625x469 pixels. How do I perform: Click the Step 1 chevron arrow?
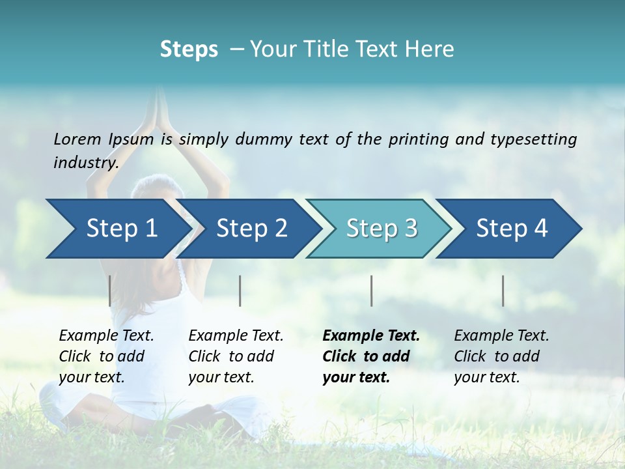pos(120,229)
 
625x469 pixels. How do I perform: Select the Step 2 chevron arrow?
pos(251,229)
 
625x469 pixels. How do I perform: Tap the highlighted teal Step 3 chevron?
pos(381,229)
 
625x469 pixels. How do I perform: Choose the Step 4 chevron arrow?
pos(511,229)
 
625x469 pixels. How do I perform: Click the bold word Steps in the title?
pos(189,50)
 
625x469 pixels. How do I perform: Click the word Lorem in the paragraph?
pos(77,139)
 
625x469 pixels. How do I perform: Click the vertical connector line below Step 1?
pos(110,291)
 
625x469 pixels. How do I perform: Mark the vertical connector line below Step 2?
pos(240,291)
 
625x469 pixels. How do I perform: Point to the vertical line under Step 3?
pos(371,291)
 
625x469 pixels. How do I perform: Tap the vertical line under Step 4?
pos(503,291)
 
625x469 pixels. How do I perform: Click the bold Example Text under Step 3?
pos(371,336)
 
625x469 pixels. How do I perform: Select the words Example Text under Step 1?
pos(106,336)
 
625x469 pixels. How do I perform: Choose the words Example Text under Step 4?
pos(501,336)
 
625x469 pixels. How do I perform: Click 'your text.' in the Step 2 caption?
pos(221,377)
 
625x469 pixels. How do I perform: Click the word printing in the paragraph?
pos(418,139)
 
